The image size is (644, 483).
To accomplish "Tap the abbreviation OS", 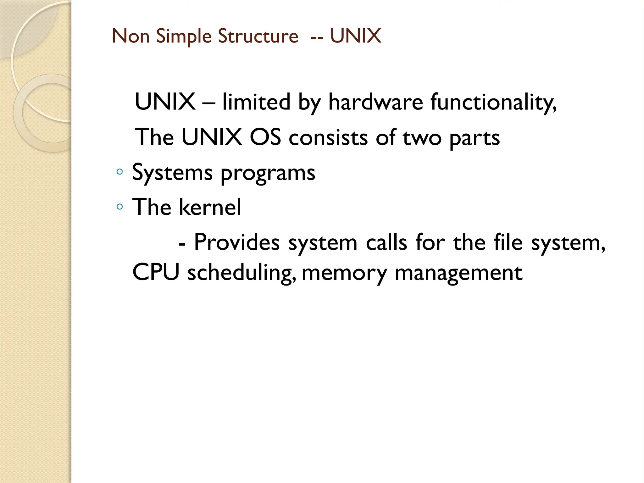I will pyautogui.click(x=265, y=137).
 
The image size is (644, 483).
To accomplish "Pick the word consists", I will pyautogui.click(x=328, y=137).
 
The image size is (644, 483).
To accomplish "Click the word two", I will pyautogui.click(x=422, y=138).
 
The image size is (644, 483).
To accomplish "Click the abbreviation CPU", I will pyautogui.click(x=156, y=272).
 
